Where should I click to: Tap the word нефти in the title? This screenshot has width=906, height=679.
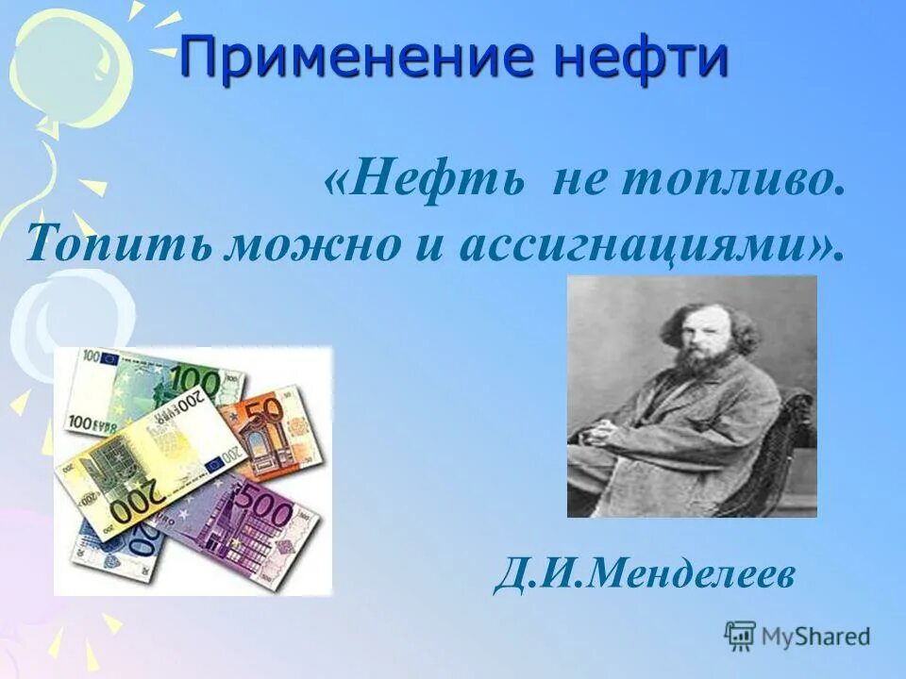642,59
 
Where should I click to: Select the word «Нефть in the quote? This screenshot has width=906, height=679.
425,179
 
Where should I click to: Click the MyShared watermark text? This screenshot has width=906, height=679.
815,636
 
